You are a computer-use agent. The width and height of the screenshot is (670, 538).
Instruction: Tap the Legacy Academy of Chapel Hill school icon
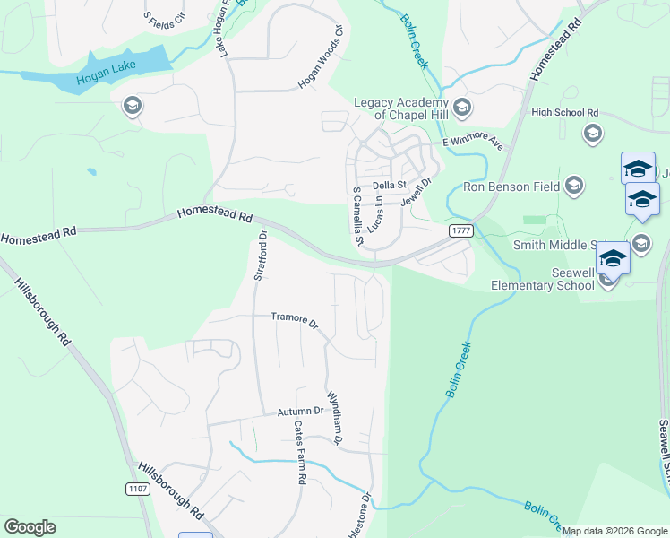pyautogui.click(x=462, y=108)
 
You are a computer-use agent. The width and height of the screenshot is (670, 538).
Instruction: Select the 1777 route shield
pyautogui.click(x=460, y=230)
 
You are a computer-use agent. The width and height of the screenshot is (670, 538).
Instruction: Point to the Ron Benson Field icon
pyautogui.click(x=574, y=187)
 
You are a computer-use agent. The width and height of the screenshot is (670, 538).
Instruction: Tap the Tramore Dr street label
pyautogui.click(x=295, y=318)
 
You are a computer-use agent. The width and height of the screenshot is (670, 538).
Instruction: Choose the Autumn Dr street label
pyautogui.click(x=298, y=411)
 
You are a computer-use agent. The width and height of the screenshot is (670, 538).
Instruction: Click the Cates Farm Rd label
pyautogui.click(x=300, y=453)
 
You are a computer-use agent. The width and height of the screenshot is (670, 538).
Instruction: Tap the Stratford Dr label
pyautogui.click(x=262, y=256)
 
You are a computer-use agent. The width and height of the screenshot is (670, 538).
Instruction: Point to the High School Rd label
pyautogui.click(x=564, y=112)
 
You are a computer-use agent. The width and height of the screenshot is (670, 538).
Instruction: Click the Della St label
pyautogui.click(x=390, y=186)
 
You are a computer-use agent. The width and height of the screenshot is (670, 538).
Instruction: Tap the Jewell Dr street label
pyautogui.click(x=417, y=192)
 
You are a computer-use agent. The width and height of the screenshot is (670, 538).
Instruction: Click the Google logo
pyautogui.click(x=30, y=527)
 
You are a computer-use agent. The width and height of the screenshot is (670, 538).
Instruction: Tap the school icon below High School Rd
pyautogui.click(x=592, y=134)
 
